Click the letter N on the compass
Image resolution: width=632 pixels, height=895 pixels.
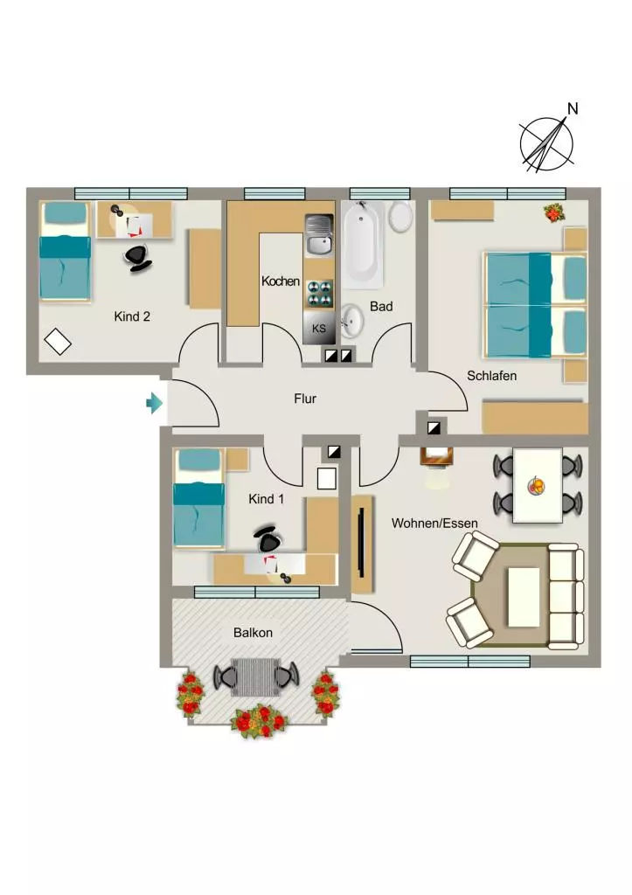[573, 108]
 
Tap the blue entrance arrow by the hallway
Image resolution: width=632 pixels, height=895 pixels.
[154, 403]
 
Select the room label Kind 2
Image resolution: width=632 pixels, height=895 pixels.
[132, 316]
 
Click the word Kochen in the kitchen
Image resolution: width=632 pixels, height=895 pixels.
[281, 281]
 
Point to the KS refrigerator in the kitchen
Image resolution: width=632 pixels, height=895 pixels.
[319, 328]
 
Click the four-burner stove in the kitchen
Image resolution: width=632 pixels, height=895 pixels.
[320, 294]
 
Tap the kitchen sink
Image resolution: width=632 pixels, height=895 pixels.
[318, 235]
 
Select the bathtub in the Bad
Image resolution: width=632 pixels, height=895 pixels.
[363, 243]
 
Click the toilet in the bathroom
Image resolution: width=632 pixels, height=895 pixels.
[400, 217]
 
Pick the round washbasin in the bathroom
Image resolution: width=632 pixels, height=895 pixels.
[352, 320]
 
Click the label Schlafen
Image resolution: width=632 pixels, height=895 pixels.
[491, 376]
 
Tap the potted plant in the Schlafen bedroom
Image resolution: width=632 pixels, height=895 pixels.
[553, 213]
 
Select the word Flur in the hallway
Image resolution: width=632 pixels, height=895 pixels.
[305, 399]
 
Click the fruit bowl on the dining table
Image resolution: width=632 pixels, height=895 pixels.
[536, 486]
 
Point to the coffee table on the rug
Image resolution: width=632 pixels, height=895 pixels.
[524, 596]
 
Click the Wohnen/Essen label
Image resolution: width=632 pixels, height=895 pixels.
[434, 523]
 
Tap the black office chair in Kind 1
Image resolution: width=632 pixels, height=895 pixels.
[268, 538]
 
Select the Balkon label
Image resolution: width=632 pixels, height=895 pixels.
[253, 633]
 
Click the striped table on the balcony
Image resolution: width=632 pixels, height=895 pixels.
[255, 677]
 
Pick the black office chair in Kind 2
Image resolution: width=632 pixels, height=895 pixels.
[137, 258]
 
